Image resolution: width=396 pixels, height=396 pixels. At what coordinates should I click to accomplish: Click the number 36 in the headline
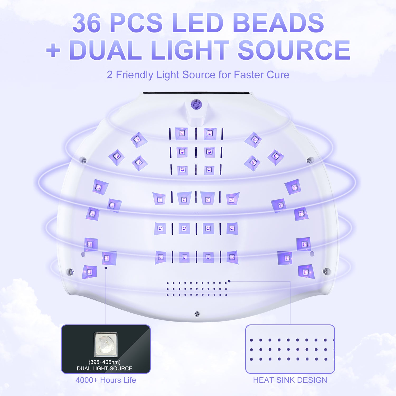point(87,23)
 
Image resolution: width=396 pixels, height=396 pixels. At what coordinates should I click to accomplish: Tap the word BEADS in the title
point(278,23)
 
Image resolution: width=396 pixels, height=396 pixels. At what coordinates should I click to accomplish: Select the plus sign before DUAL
point(53,50)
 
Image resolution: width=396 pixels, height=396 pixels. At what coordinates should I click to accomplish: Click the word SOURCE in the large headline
point(294,50)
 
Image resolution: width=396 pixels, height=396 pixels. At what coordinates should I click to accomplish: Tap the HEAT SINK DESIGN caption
point(290,380)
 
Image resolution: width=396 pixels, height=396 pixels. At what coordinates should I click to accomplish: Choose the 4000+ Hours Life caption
point(106,380)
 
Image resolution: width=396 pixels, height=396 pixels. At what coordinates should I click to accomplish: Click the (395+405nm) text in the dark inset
point(105,362)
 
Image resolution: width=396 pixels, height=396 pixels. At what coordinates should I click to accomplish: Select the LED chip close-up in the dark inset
point(106,344)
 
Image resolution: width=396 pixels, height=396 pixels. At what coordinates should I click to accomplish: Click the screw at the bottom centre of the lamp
point(197,314)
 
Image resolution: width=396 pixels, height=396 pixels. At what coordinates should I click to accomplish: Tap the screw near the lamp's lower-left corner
point(71,271)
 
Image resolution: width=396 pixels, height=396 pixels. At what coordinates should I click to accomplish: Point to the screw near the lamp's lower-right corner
point(326,271)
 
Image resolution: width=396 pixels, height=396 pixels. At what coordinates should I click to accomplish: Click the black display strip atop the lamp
point(196,93)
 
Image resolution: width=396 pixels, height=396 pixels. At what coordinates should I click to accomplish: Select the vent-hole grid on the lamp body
point(197,289)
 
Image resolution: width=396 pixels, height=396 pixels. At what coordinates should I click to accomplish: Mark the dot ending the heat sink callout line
point(229,281)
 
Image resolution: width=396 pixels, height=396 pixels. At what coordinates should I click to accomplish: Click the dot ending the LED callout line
point(106,268)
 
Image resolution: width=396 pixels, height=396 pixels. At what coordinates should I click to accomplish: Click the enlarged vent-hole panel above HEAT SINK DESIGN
point(290,349)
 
